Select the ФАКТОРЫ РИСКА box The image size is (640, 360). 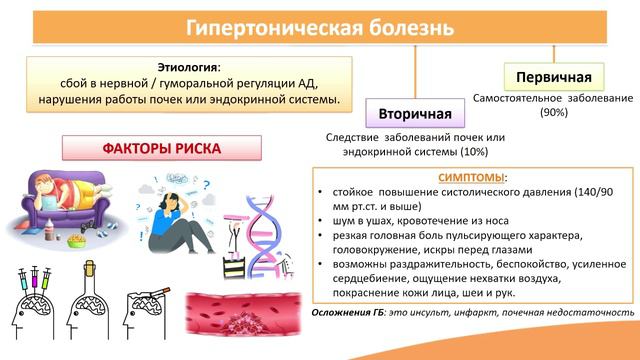pos(162,148)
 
